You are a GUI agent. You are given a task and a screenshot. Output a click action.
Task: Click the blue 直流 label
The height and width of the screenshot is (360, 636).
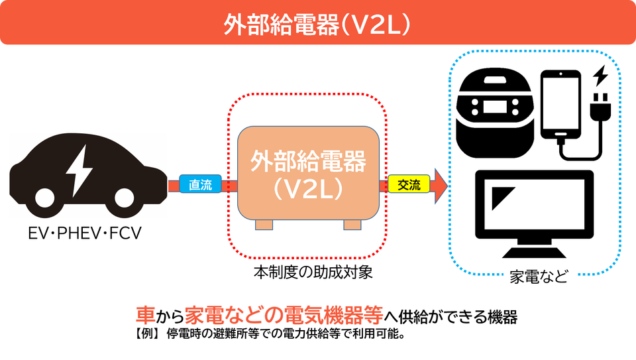point(200,184)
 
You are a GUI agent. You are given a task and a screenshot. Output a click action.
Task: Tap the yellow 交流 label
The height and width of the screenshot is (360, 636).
point(409,184)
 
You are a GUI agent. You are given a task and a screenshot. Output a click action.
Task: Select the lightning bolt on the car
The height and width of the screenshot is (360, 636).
point(79,171)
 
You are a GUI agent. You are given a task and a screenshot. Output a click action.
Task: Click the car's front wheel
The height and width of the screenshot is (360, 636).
point(124,198)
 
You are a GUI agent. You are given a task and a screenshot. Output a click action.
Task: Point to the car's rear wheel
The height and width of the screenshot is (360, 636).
point(44,198)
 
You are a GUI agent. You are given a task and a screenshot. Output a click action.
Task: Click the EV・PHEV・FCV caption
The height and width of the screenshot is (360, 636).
point(85,233)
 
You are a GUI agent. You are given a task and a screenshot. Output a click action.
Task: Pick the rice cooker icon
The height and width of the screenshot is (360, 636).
point(495,113)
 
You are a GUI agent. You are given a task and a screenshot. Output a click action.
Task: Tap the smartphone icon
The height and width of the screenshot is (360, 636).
point(561,105)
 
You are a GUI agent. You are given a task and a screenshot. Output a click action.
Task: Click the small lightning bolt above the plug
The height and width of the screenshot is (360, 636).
point(601,76)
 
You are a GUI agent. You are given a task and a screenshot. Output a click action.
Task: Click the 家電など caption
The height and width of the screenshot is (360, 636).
point(538,276)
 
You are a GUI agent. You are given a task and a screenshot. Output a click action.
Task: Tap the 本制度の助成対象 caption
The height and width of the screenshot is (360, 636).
point(313,272)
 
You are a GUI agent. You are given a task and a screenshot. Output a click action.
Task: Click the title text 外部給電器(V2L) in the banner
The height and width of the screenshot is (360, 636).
point(317,25)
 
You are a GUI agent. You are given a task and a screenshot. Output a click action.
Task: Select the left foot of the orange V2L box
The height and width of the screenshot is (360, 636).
point(264,225)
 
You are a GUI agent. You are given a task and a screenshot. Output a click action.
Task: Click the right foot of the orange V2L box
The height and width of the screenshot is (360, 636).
point(352,225)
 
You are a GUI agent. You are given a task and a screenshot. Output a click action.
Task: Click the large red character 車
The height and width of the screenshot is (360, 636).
point(145,314)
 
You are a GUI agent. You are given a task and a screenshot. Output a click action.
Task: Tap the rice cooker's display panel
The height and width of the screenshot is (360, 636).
point(495,107)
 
